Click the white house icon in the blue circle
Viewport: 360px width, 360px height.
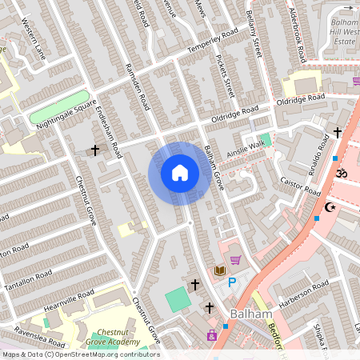(x=180, y=173)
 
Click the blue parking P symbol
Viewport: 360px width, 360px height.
(x=233, y=282)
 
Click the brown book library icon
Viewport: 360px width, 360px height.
(x=219, y=270)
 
